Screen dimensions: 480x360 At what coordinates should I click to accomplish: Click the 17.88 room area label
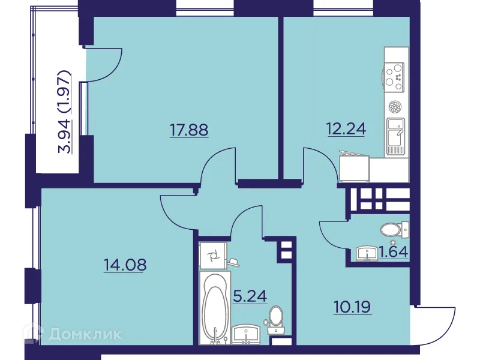pos(189,130)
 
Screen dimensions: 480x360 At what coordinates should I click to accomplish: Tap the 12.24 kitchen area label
pos(347,129)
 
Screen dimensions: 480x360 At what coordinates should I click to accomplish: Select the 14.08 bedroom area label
pos(125,265)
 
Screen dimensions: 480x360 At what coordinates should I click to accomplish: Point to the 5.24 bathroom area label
pos(250,296)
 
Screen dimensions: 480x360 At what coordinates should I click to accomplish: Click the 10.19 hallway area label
pos(352,307)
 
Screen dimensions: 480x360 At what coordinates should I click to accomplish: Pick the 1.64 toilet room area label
pos(394,252)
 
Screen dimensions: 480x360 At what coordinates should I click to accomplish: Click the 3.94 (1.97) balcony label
pos(65,112)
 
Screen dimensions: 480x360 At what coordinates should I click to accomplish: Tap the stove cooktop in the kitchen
pos(394,77)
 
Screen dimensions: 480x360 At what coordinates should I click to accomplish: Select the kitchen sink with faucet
pos(396,136)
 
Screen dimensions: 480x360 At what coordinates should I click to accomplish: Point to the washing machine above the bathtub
pos(213,256)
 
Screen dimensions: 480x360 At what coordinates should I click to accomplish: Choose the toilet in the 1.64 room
pos(395,229)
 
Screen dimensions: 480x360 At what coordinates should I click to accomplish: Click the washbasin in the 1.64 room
pos(367,254)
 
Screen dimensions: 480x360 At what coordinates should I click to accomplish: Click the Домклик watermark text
pos(85,334)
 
